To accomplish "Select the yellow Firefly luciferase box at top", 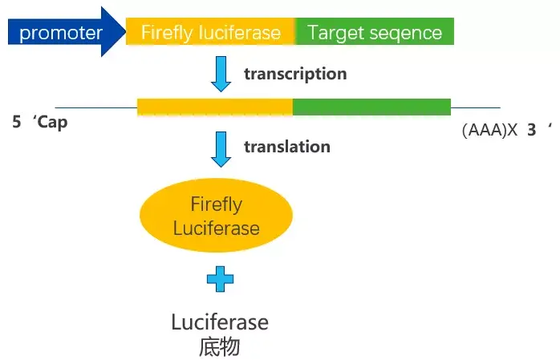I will (x=211, y=33).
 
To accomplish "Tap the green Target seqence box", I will (x=375, y=33).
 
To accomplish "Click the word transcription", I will (x=295, y=75).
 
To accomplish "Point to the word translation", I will (x=286, y=147).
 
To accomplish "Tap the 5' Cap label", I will (x=39, y=125).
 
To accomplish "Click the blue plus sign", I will (x=220, y=280).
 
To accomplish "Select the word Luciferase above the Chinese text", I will (x=220, y=322).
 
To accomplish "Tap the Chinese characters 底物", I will (x=219, y=346).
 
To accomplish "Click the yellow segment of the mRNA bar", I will (x=215, y=107).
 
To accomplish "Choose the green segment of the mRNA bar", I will (x=371, y=107).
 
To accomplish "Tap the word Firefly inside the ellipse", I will (x=216, y=204).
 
